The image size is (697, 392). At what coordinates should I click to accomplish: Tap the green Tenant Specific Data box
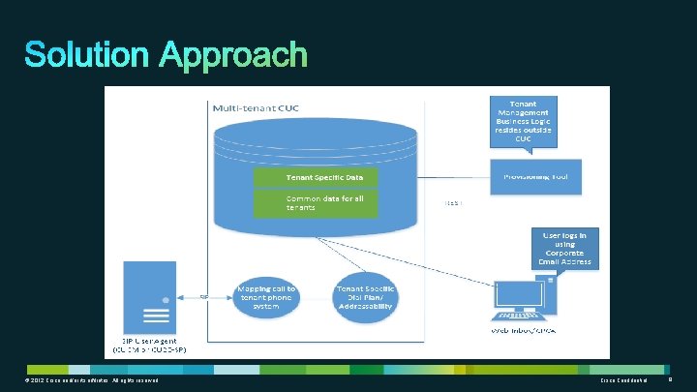click(316, 178)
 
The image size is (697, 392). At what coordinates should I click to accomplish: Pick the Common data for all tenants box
click(316, 202)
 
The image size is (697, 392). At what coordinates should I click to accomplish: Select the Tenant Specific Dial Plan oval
click(364, 297)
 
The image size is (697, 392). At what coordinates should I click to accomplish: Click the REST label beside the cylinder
click(454, 204)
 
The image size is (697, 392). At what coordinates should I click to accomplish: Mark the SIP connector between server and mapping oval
click(204, 297)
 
